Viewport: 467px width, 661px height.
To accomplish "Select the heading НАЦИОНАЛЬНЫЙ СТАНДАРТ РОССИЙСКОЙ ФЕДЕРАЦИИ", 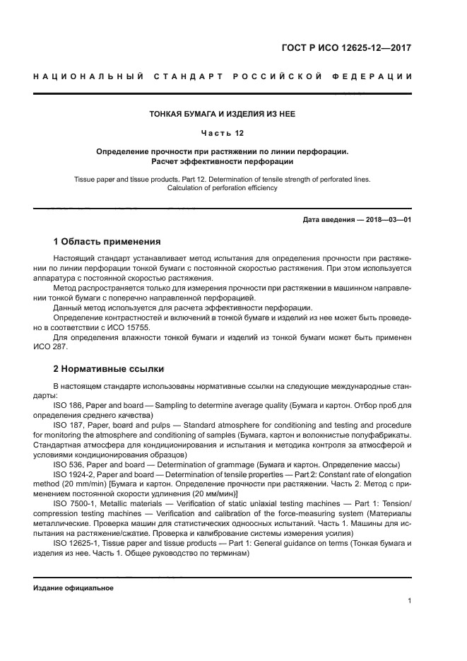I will [223, 76].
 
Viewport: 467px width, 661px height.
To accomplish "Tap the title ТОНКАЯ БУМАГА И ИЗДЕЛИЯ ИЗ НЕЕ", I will [223, 114].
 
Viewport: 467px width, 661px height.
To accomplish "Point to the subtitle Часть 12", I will [223, 133].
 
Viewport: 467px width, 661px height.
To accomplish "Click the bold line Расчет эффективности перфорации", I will [223, 162].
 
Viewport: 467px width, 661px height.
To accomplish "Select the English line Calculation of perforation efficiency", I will [223, 188].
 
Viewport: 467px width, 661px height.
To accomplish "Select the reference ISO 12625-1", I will [76, 544].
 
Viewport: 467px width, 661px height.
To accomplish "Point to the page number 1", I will [410, 602].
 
